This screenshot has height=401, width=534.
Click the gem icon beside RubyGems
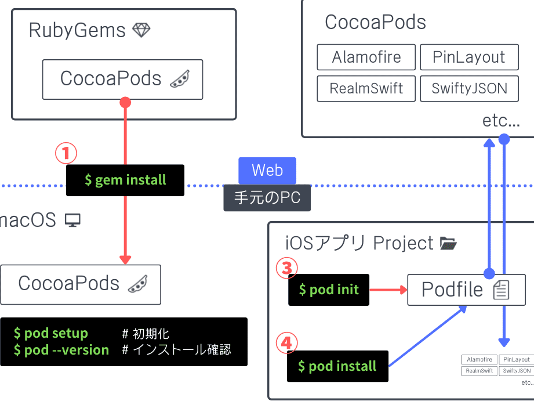click(x=141, y=30)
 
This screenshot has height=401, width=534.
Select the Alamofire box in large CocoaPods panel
click(x=366, y=57)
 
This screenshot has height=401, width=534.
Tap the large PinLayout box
click(x=469, y=57)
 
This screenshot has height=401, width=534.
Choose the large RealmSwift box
click(x=366, y=89)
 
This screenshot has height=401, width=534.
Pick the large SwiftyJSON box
click(x=469, y=89)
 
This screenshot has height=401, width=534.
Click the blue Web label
click(x=267, y=171)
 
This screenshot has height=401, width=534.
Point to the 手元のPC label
click(x=267, y=198)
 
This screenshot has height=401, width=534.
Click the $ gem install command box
click(x=125, y=180)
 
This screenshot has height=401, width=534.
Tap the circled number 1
click(x=66, y=154)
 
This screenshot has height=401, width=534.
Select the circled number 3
click(x=286, y=268)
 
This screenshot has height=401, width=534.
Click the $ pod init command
click(x=329, y=290)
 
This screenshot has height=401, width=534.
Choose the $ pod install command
click(x=337, y=366)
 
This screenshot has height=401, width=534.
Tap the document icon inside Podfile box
click(x=501, y=290)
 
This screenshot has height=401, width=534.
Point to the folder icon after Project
click(x=448, y=243)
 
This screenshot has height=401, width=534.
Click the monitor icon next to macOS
click(x=72, y=220)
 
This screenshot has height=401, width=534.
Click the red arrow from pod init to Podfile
click(x=388, y=290)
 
